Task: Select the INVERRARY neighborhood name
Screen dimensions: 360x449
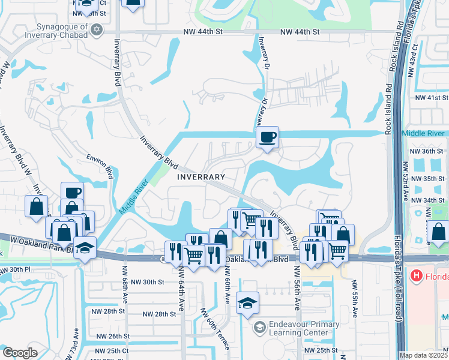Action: coord(201,177)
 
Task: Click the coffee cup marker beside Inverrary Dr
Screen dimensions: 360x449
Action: coord(267,137)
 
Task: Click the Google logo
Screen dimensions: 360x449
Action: coord(20,353)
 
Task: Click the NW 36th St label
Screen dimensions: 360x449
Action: coord(432,151)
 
